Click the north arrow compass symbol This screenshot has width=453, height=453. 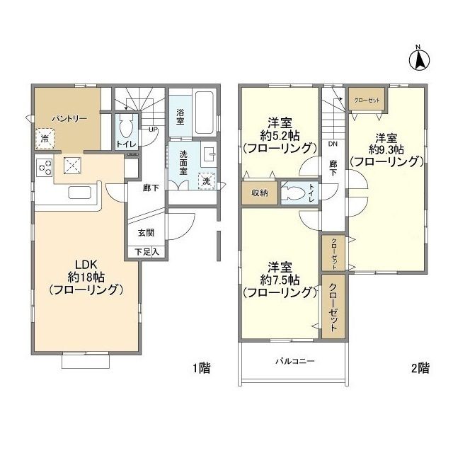tap(418, 59)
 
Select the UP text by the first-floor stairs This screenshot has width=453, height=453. tap(153, 130)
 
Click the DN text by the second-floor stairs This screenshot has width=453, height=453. tap(332, 144)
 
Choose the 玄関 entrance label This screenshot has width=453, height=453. tap(145, 231)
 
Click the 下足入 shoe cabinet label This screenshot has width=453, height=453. tap(147, 251)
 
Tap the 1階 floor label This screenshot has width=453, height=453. tap(200, 368)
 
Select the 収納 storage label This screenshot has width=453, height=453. tap(258, 193)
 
